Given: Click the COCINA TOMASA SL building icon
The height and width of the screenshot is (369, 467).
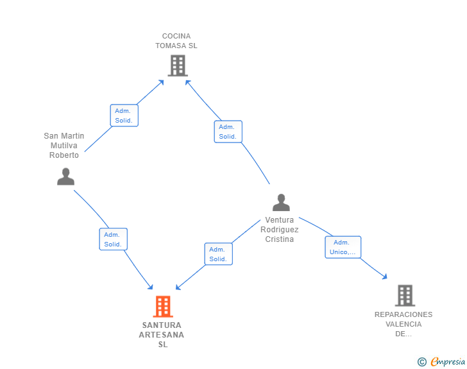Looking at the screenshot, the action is (178, 65).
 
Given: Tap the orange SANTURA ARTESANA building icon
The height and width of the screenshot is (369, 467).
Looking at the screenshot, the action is (163, 306).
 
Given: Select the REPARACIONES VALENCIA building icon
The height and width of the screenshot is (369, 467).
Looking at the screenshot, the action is (405, 296).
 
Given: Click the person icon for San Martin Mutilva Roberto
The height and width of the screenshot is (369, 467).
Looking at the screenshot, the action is (66, 176).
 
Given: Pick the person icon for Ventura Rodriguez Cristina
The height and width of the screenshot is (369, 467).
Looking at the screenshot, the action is (281, 203).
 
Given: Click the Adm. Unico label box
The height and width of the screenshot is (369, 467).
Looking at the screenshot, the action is (343, 247).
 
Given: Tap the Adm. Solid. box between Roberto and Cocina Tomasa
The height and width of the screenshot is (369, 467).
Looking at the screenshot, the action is (124, 116).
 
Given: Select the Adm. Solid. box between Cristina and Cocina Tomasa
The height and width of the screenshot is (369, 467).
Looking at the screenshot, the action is (228, 132).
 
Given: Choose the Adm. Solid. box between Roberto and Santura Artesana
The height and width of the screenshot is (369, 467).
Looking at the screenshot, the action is (113, 239).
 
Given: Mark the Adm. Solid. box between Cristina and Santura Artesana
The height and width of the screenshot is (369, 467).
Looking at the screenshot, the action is (218, 254).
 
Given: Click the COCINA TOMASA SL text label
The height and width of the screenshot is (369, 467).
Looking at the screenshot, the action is (176, 41).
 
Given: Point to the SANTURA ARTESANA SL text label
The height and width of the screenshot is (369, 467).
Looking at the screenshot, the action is (162, 335).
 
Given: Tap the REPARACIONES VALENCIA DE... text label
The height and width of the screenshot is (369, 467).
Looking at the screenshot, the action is (403, 324).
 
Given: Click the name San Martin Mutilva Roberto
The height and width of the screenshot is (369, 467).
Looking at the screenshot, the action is (64, 146).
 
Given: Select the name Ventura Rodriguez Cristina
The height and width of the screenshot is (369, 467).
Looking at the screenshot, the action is (280, 230).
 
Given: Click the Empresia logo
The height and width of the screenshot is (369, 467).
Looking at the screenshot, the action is (448, 361).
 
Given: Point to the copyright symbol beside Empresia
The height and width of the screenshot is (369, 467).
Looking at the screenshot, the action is (422, 362).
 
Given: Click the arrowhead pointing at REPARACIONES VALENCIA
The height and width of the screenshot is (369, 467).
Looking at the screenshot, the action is (385, 277).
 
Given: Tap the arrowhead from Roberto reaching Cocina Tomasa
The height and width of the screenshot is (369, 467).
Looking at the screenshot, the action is (161, 82).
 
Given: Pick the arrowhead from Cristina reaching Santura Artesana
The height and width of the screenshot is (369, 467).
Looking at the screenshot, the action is (178, 287).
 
